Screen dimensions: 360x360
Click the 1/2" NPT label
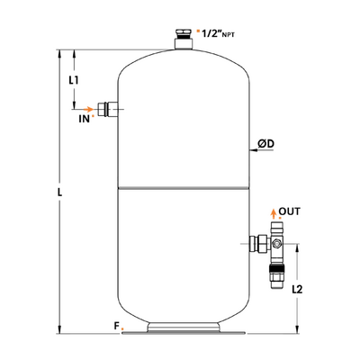pos(218,34)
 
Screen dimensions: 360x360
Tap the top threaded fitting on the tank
pos(183,39)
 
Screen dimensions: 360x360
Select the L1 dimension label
pos(74,80)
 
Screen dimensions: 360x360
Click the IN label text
pos(85,119)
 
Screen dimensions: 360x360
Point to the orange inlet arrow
pos(89,109)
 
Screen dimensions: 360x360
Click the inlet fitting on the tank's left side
pos(108,109)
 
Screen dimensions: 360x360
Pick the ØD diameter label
pos(266,144)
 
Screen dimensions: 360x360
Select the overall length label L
pos(60,192)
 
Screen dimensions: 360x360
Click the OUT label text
pos(289,211)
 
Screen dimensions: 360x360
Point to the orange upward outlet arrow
pos(273,214)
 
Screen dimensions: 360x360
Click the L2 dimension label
pos(297,289)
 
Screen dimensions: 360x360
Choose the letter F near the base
pos(117,326)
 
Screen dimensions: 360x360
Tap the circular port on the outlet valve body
pos(276,244)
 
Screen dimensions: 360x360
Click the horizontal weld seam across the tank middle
pos(184,188)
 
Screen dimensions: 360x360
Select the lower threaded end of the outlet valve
pos(276,276)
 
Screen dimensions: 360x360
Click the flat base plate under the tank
pos(184,332)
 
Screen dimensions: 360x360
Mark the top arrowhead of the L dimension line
pos(60,53)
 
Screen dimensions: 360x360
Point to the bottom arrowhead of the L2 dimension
pos(297,329)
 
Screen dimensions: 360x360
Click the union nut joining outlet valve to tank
pos(259,244)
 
